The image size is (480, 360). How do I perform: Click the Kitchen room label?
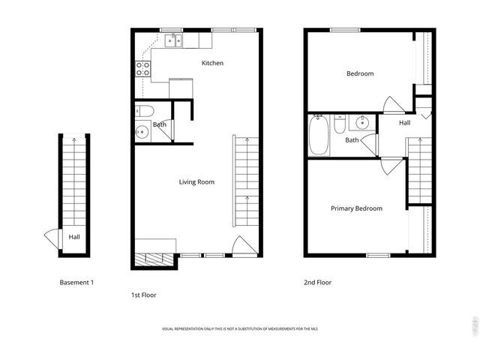click(x=212, y=63)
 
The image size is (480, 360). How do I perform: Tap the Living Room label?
click(x=196, y=182)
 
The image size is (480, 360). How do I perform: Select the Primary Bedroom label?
click(x=356, y=208)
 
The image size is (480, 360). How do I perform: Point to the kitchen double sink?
click(x=173, y=40)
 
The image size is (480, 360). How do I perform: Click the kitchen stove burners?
click(x=142, y=69)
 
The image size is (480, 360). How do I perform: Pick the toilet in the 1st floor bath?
click(x=143, y=112)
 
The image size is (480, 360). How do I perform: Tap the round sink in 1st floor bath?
click(x=142, y=133)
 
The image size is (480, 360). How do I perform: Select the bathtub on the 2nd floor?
click(x=319, y=136)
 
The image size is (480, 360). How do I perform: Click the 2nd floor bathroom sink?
click(x=361, y=121)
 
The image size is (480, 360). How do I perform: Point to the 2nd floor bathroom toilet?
click(x=340, y=122)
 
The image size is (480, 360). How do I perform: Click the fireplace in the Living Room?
click(x=156, y=258)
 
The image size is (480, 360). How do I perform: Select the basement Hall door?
click(x=51, y=238)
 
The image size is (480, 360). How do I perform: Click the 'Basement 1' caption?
click(x=76, y=283)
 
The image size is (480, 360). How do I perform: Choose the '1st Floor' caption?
click(x=144, y=295)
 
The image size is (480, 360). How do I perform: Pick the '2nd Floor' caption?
click(x=317, y=283)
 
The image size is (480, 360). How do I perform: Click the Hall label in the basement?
click(x=74, y=237)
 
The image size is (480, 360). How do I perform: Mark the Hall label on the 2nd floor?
click(x=404, y=123)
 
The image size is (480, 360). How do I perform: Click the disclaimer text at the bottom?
click(x=240, y=329)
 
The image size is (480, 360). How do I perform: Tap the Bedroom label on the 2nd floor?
click(x=359, y=73)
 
